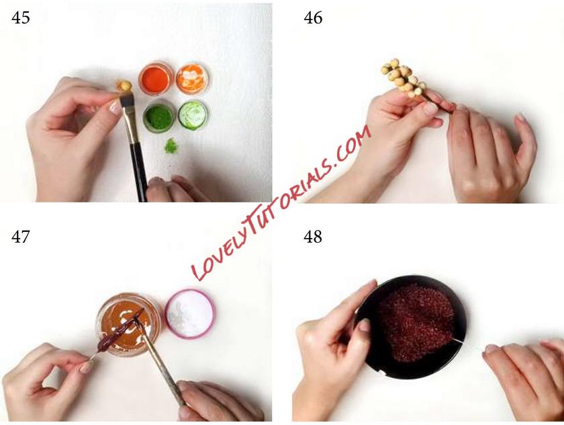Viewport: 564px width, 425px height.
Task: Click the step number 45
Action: point(21,17)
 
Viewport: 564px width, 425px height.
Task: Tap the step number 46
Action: point(313,17)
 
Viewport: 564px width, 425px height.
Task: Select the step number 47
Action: point(21,237)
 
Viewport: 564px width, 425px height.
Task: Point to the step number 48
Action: point(313,237)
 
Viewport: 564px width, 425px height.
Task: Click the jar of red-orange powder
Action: point(156,79)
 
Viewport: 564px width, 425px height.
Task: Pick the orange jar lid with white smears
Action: point(192,78)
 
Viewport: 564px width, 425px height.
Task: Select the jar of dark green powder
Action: point(159,117)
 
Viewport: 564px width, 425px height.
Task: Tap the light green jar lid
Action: point(193,115)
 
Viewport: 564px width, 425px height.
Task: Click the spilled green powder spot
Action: point(171,145)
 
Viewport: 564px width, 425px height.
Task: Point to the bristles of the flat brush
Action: point(127,100)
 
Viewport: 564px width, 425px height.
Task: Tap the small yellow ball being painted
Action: point(126,85)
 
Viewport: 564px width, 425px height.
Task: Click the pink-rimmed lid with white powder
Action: point(190,314)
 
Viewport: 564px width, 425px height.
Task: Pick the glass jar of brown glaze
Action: point(128,324)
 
